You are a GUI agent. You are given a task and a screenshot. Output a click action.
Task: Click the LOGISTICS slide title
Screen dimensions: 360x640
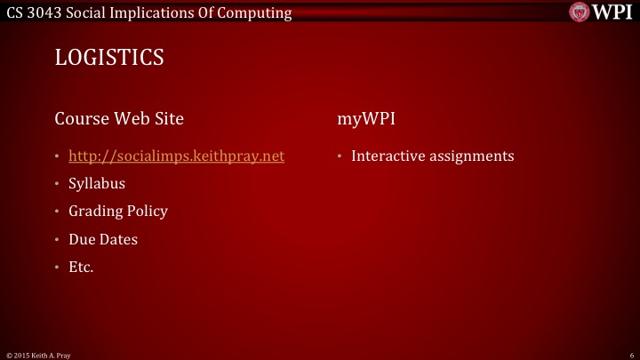(x=109, y=58)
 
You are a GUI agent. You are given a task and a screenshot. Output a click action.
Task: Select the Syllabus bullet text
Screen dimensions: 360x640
(x=97, y=184)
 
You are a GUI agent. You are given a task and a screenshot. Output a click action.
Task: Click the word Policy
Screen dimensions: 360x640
(x=146, y=212)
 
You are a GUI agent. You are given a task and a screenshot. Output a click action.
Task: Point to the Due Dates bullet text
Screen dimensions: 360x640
(x=103, y=239)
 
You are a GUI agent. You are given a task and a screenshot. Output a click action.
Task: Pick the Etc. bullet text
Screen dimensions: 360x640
(x=81, y=267)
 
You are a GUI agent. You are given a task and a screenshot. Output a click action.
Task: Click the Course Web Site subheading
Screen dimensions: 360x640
(x=120, y=118)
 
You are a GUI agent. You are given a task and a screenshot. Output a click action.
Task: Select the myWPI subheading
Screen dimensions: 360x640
(x=366, y=118)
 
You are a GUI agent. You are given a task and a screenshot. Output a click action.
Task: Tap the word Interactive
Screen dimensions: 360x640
(x=388, y=156)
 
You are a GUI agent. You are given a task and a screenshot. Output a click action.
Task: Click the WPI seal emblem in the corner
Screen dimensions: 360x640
(x=580, y=12)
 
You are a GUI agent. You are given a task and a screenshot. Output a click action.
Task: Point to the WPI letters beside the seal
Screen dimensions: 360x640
(x=613, y=12)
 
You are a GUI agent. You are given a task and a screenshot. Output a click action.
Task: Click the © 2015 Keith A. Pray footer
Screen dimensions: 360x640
(x=38, y=354)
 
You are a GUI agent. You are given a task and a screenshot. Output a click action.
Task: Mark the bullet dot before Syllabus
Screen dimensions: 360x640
(x=58, y=185)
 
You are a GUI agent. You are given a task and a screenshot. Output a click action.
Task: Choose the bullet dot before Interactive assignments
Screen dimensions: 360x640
(x=340, y=157)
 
